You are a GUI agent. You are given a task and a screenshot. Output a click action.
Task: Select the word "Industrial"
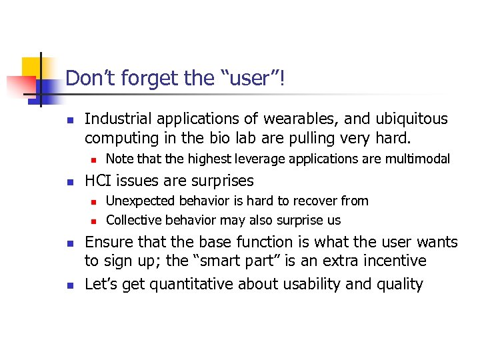click(118, 119)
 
